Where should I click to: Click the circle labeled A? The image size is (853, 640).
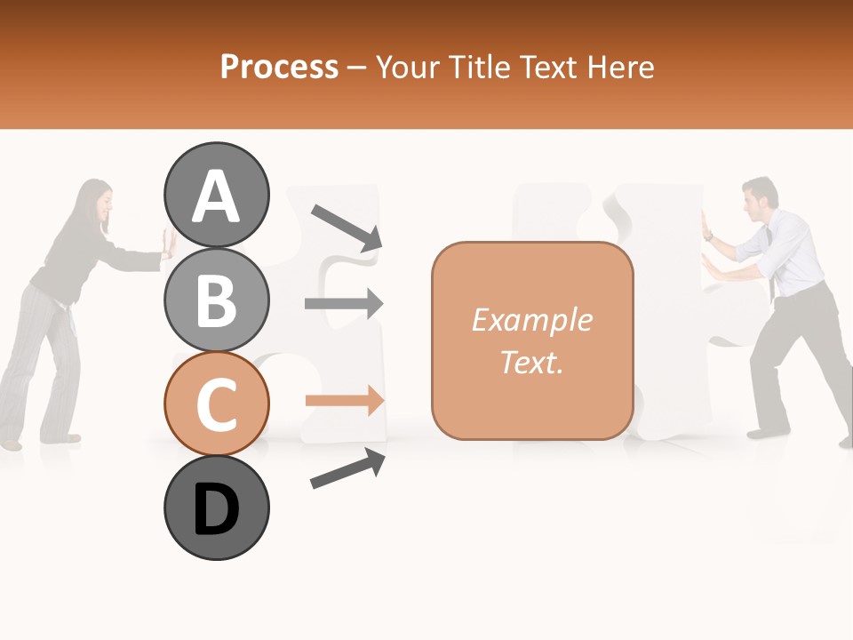(216, 195)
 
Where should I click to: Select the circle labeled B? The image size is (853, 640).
(216, 300)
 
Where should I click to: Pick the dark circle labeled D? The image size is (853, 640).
(216, 508)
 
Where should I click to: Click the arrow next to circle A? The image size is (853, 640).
(346, 227)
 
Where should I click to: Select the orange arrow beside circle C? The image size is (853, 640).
(344, 401)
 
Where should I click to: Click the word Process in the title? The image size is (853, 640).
(279, 67)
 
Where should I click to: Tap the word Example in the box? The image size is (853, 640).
(531, 320)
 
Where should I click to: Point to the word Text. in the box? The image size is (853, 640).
(531, 362)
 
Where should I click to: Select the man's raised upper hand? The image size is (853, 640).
(708, 227)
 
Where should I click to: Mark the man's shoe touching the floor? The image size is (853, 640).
(766, 434)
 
